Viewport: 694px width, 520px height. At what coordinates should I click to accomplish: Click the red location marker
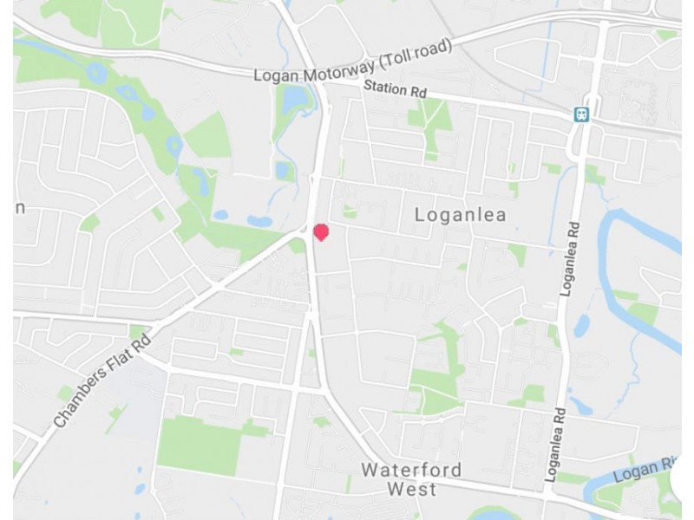click(x=320, y=232)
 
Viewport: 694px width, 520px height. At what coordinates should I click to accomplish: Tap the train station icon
click(x=581, y=113)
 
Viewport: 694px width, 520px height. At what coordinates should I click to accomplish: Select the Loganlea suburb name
click(x=460, y=214)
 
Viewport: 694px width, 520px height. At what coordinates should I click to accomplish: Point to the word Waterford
click(x=412, y=471)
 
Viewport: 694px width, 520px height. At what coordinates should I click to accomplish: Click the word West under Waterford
click(x=412, y=490)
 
